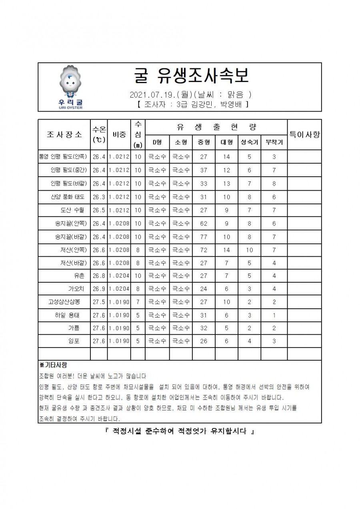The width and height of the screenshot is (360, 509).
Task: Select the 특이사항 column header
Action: click(304, 134)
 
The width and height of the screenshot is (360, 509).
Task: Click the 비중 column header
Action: click(119, 134)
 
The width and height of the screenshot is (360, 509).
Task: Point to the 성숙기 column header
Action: click(249, 142)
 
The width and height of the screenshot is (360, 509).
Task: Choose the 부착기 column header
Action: click(274, 142)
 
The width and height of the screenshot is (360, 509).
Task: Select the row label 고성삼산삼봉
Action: click(64, 302)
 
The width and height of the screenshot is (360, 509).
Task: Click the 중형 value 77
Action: click(204, 237)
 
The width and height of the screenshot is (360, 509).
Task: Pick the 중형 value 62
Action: click(204, 224)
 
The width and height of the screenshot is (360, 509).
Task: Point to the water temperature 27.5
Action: click(98, 302)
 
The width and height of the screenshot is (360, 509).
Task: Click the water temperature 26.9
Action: click(98, 289)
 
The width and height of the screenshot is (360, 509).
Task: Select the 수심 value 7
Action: click(138, 302)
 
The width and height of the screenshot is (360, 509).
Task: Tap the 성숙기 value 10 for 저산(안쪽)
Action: click(249, 250)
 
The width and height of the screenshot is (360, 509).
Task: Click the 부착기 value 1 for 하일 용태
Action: click(274, 315)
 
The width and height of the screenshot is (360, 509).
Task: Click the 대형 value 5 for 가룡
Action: click(226, 328)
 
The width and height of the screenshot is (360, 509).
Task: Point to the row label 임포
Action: click(74, 341)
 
